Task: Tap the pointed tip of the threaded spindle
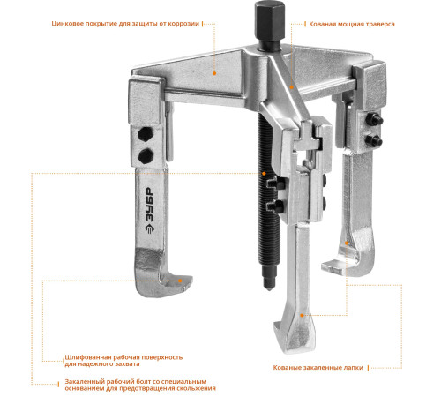click(x=269, y=288)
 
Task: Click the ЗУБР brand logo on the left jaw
click(x=149, y=210)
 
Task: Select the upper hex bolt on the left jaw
click(x=146, y=134)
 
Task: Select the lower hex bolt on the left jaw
click(x=146, y=155)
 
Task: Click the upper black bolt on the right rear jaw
click(x=373, y=120)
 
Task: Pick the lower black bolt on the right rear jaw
click(x=373, y=140)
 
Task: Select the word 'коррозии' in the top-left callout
click(x=183, y=24)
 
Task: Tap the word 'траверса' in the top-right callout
click(x=379, y=24)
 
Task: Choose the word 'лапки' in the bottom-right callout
click(x=355, y=368)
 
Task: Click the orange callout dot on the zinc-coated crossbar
click(x=214, y=73)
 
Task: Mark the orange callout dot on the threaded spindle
click(x=264, y=173)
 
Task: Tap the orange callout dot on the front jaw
click(x=302, y=315)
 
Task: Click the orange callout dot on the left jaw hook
click(x=180, y=281)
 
